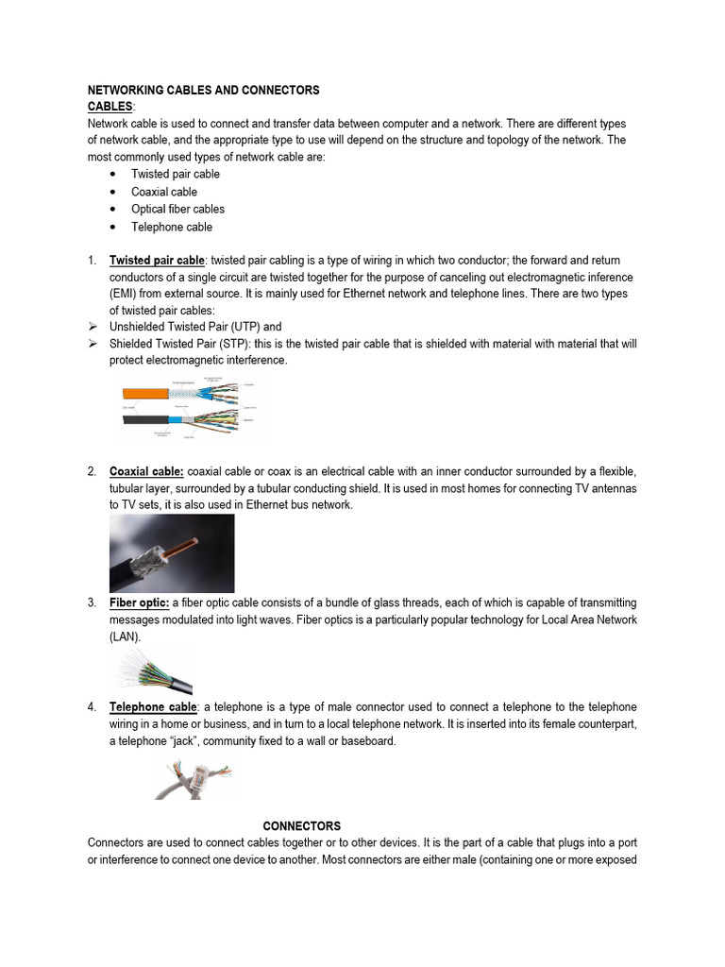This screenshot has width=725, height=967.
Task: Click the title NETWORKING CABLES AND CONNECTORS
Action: (x=203, y=91)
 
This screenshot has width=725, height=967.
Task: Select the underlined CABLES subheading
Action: (x=110, y=107)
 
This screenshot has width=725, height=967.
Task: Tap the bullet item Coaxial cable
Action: (x=164, y=192)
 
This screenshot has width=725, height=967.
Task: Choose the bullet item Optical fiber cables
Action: (x=177, y=209)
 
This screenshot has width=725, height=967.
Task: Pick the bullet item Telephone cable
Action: (x=172, y=227)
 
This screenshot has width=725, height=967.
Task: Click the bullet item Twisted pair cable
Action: (x=176, y=174)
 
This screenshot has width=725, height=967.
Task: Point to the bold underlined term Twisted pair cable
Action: (x=157, y=260)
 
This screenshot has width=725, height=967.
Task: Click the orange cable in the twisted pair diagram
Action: (x=144, y=390)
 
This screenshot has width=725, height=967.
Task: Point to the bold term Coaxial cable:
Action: (x=146, y=471)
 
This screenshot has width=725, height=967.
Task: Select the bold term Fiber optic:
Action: (x=140, y=602)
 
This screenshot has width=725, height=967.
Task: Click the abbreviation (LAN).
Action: (x=125, y=636)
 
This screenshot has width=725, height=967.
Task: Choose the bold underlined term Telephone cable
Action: (x=153, y=707)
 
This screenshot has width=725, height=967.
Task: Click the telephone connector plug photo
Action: (x=194, y=780)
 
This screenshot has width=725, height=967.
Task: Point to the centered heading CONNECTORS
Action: (x=301, y=825)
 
